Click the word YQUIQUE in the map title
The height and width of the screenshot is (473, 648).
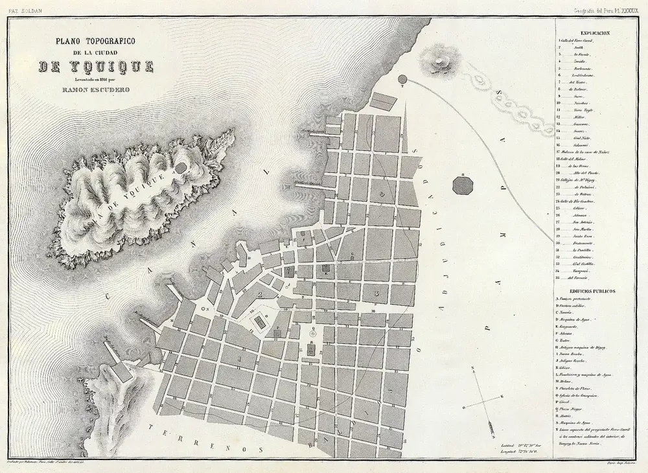coord(95,67)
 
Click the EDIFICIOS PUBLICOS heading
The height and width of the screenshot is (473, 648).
coord(592,291)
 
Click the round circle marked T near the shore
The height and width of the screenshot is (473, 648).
coord(401,80)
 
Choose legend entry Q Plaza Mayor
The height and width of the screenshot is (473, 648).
coord(577,410)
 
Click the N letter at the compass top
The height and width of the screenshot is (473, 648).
coord(472,369)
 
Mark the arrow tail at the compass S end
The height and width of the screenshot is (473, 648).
coord(493,427)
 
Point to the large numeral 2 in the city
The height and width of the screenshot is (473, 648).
coord(260,295)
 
